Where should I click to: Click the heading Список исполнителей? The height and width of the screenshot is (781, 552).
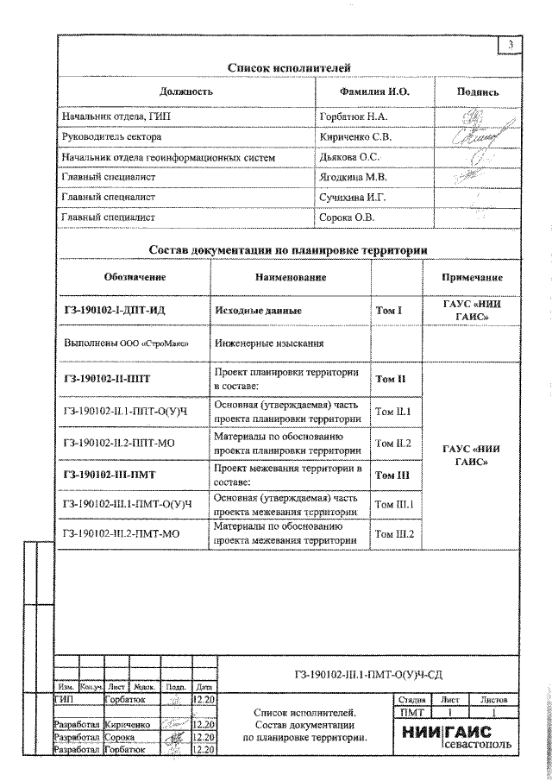(x=289, y=68)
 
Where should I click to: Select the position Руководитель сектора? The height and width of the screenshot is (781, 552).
(x=111, y=136)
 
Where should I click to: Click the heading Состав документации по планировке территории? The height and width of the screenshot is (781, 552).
(x=288, y=250)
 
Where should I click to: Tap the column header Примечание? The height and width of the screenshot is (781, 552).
(x=472, y=277)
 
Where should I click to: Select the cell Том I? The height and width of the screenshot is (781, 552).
(x=389, y=309)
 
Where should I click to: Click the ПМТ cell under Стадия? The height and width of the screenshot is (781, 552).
(x=410, y=713)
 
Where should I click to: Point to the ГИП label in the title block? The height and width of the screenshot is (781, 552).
(x=64, y=698)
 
